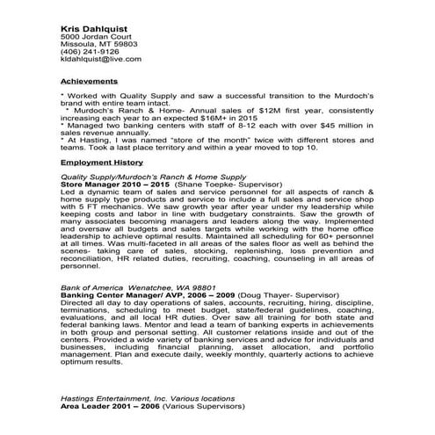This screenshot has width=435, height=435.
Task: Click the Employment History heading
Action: (101, 163)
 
